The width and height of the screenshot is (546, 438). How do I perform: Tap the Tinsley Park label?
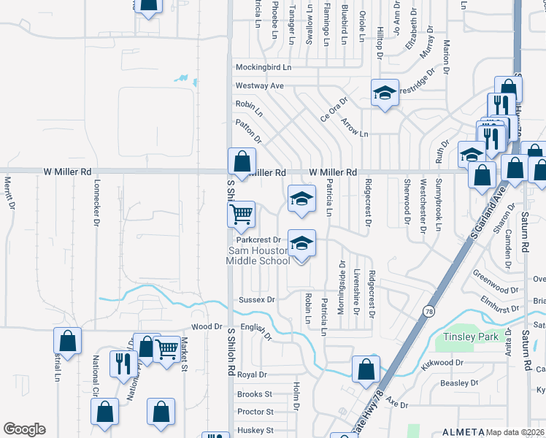471,337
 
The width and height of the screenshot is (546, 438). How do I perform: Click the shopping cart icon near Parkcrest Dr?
242,215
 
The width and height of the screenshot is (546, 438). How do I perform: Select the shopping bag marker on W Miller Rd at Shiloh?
242,161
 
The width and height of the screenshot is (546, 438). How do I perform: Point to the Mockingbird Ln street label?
263,67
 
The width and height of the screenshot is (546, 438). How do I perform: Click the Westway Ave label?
259,85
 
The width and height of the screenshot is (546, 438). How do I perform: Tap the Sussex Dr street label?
256,299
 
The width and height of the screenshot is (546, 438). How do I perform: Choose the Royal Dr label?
253,374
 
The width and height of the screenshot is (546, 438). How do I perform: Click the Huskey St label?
255,431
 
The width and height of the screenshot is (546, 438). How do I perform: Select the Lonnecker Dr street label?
96,204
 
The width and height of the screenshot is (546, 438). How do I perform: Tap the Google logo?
24,429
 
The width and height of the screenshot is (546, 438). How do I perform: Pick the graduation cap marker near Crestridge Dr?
385,93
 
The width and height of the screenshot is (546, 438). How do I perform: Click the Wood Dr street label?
205,327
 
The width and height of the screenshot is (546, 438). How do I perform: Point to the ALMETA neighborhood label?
461,431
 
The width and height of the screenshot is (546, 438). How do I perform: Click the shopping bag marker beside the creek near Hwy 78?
366,369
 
